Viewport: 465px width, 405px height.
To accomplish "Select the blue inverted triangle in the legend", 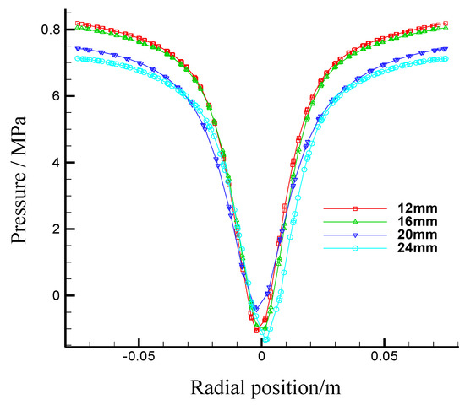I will tap(356, 235).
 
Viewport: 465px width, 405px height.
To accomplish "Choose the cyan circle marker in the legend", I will tap(356, 248).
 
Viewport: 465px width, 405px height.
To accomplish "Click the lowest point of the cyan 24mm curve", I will tap(266, 340).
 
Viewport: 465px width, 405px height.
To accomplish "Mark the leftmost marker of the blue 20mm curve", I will tap(77, 48).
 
